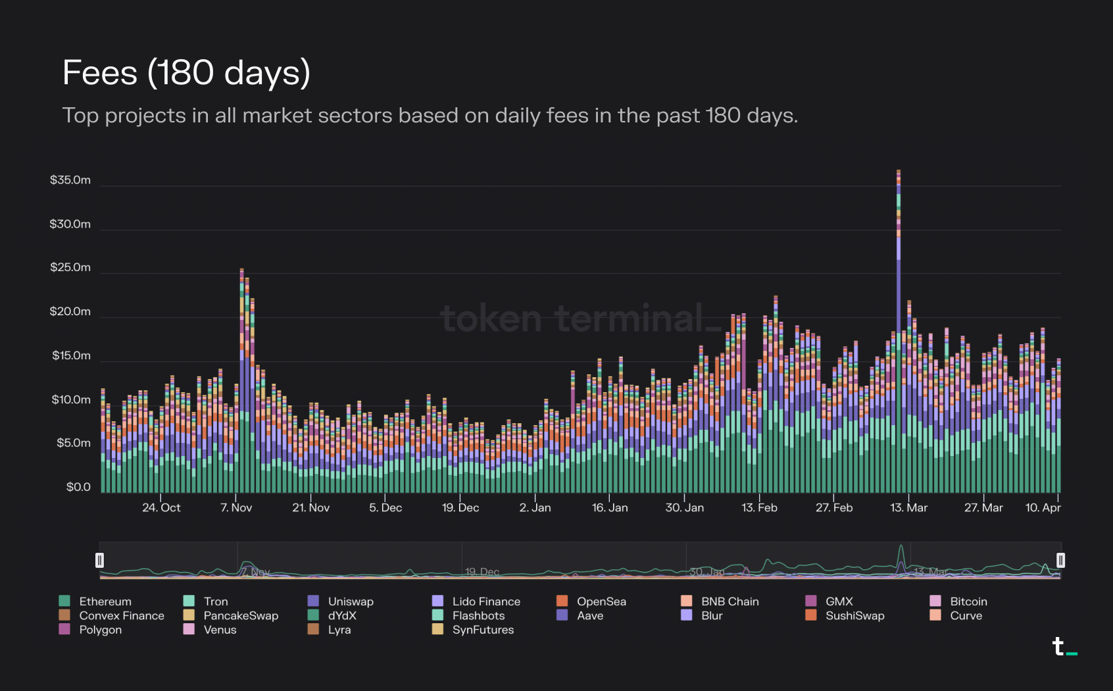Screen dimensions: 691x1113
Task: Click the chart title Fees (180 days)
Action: point(186,72)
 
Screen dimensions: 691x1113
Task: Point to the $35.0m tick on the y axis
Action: point(70,180)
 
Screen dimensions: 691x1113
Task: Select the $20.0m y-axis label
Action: point(70,311)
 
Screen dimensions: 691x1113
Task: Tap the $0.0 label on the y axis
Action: point(78,487)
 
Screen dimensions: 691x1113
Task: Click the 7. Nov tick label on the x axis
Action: point(236,507)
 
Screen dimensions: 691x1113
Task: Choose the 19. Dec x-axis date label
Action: point(460,507)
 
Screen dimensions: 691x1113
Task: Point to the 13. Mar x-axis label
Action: point(908,507)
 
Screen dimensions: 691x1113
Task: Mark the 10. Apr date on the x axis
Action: point(1043,507)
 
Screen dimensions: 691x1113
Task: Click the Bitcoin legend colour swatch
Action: point(935,601)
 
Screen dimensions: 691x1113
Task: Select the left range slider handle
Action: point(99,560)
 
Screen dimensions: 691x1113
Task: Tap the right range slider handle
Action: point(1060,560)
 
